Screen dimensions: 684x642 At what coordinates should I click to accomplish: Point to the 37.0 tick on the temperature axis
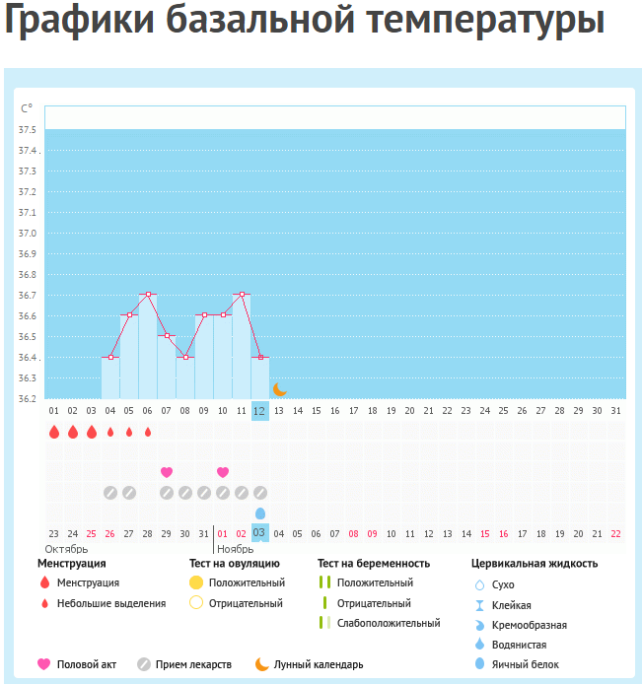pyautogui.click(x=27, y=234)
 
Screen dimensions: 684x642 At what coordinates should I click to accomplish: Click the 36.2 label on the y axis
pyautogui.click(x=27, y=399)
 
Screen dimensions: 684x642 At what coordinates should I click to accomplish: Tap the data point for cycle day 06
pyautogui.click(x=148, y=295)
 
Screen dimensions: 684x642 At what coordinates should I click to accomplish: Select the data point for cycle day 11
pyautogui.click(x=242, y=295)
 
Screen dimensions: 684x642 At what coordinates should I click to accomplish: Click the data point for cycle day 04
pyautogui.click(x=110, y=357)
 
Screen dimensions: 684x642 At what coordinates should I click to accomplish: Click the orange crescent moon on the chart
pyautogui.click(x=279, y=390)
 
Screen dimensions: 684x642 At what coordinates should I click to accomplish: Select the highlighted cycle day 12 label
pyautogui.click(x=260, y=411)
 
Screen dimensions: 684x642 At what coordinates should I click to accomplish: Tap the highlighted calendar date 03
pyautogui.click(x=260, y=533)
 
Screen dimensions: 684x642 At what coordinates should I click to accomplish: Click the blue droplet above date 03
pyautogui.click(x=260, y=513)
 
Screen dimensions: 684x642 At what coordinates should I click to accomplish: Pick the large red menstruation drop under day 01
pyautogui.click(x=54, y=432)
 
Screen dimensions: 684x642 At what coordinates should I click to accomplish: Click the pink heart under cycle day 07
pyautogui.click(x=167, y=472)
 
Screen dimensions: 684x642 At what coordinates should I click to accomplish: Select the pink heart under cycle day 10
pyautogui.click(x=223, y=472)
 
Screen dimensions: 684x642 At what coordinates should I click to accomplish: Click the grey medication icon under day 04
pyautogui.click(x=110, y=493)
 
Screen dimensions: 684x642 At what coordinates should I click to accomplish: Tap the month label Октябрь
pyautogui.click(x=67, y=549)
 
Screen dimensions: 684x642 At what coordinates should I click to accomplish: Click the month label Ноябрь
pyautogui.click(x=235, y=549)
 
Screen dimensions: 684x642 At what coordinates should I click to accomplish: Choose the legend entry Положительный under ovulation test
pyautogui.click(x=246, y=583)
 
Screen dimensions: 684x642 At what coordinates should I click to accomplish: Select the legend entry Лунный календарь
pyautogui.click(x=318, y=664)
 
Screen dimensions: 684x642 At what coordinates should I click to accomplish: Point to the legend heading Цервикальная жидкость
pyautogui.click(x=534, y=564)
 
